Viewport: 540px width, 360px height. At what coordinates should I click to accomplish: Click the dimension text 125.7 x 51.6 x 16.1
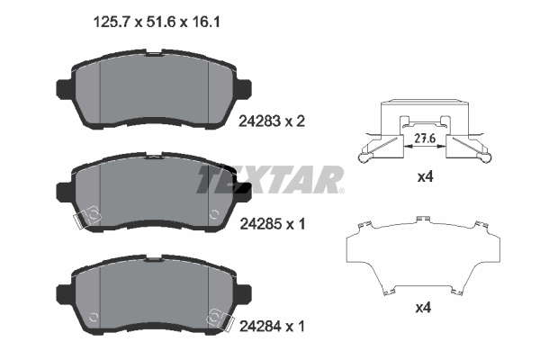(x=157, y=22)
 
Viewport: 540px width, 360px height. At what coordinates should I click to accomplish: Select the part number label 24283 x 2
(x=272, y=121)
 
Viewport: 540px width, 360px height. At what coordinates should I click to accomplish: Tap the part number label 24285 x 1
(x=273, y=225)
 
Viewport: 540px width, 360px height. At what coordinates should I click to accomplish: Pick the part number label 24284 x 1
(x=272, y=326)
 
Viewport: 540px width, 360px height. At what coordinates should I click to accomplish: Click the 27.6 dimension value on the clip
(x=425, y=139)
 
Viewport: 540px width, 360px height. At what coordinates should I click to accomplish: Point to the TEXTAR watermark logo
(x=270, y=179)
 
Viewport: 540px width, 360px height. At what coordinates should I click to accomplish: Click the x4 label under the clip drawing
(x=425, y=177)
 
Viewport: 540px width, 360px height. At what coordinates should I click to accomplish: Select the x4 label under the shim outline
(x=423, y=308)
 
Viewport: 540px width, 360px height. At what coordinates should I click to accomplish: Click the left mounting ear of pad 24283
(x=64, y=90)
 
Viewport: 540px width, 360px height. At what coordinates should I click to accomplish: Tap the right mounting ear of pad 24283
(x=244, y=89)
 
